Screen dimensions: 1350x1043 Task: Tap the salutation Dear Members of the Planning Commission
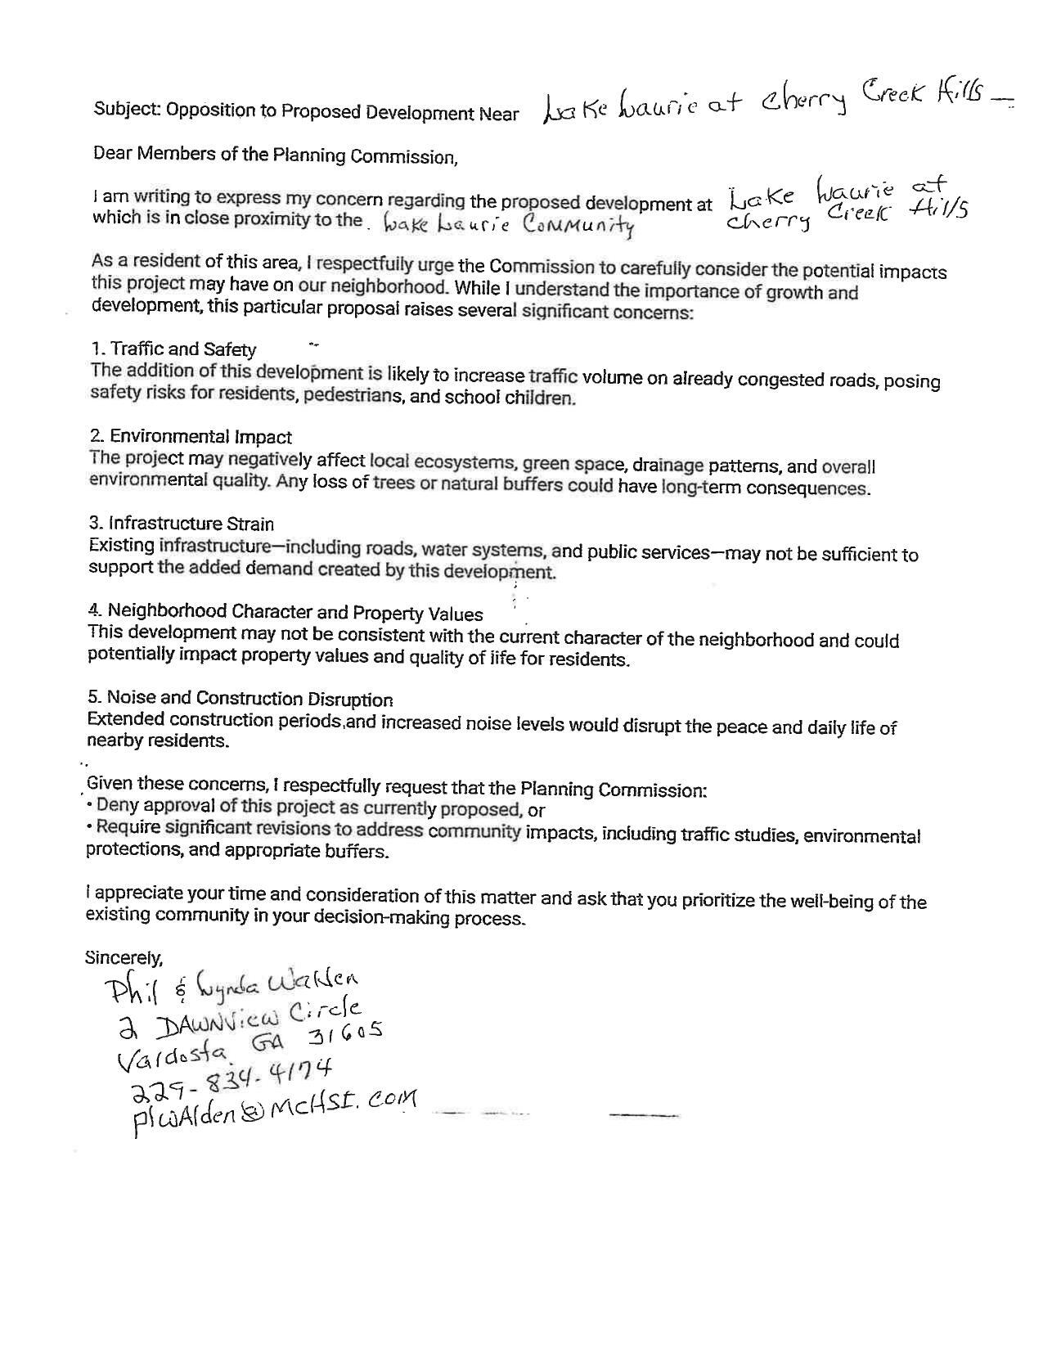[x=276, y=155]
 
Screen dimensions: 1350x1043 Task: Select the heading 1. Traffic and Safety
[x=173, y=349]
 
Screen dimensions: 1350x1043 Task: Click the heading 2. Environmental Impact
[x=190, y=437]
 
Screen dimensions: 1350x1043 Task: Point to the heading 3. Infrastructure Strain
[x=181, y=524]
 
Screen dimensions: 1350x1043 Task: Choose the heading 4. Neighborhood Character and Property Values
[x=285, y=612]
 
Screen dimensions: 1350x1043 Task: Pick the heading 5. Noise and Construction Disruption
[x=240, y=699]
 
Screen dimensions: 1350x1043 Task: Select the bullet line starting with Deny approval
[x=315, y=809]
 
